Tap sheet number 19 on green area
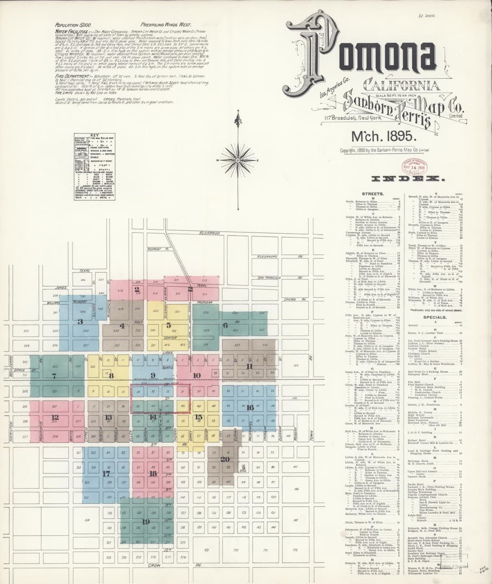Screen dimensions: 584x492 tap(146, 521)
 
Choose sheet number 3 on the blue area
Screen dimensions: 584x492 tap(80, 321)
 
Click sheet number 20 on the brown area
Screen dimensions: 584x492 tap(224, 459)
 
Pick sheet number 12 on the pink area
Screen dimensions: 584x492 tap(55, 417)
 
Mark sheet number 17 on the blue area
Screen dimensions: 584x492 tap(106, 473)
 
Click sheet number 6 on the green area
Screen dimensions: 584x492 tap(225, 325)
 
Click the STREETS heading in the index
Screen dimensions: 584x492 tap(373, 194)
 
